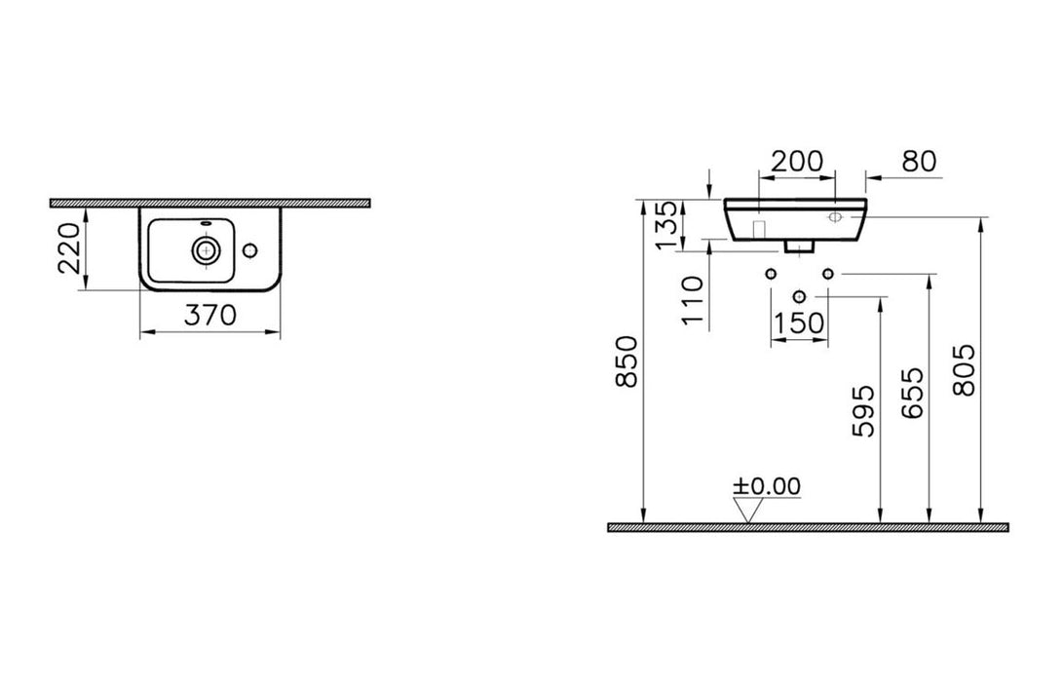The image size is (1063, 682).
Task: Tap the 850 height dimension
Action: [627, 361]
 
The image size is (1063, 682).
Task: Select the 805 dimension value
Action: [964, 370]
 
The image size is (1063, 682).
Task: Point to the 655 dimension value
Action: [913, 393]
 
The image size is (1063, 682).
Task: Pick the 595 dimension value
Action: [863, 411]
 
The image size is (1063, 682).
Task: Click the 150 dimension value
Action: [800, 323]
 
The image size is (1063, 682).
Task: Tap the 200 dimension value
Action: [797, 162]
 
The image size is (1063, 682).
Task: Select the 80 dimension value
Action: [919, 162]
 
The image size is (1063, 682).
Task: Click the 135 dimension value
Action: [667, 224]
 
